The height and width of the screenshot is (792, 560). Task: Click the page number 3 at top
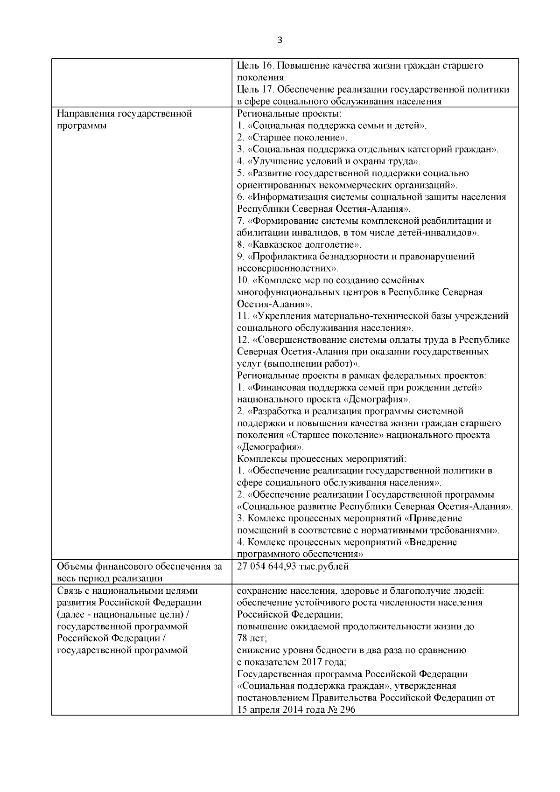tap(280, 40)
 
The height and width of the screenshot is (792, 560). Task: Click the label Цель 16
tap(252, 65)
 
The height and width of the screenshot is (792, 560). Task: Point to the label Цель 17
tap(252, 90)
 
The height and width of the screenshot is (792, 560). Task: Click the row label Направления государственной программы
tap(124, 119)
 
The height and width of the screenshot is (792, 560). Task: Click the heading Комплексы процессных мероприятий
tap(322, 459)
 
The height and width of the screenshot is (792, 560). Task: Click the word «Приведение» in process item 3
tap(434, 518)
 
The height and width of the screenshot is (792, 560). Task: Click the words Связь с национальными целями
tap(127, 591)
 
